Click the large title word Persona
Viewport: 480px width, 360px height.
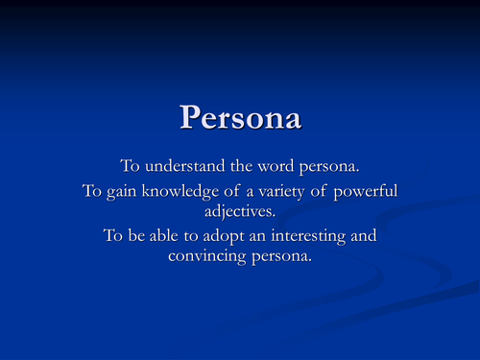coord(240,116)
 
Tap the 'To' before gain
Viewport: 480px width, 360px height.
coord(92,191)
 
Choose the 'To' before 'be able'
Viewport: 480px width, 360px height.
coord(112,236)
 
